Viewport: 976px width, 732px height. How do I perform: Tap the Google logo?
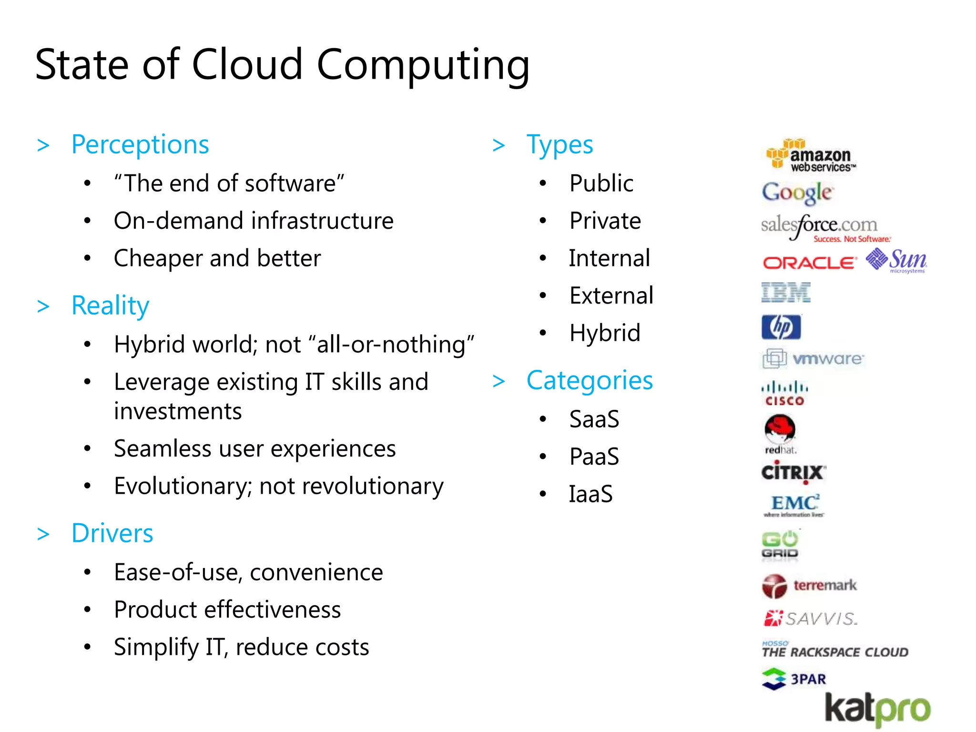797,193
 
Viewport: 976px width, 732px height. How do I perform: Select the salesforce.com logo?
824,227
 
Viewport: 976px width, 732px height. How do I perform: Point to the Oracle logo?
809,263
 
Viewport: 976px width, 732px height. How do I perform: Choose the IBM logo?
785,292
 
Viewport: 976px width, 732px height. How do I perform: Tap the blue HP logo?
781,327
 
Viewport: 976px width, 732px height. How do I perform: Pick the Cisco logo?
784,393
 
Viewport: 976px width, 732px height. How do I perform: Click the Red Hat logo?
780,433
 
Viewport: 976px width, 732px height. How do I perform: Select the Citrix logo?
793,472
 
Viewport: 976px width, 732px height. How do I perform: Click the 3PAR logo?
794,679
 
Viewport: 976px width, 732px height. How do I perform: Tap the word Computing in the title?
423,65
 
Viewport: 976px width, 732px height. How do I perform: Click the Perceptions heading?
140,144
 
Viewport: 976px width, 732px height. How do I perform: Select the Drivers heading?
112,533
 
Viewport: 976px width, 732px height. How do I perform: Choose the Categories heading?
590,381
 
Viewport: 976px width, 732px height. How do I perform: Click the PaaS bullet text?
594,457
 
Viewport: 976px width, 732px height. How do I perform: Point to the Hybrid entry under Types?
605,333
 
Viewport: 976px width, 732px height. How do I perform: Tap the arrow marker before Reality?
43,306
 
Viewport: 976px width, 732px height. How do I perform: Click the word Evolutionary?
183,487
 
